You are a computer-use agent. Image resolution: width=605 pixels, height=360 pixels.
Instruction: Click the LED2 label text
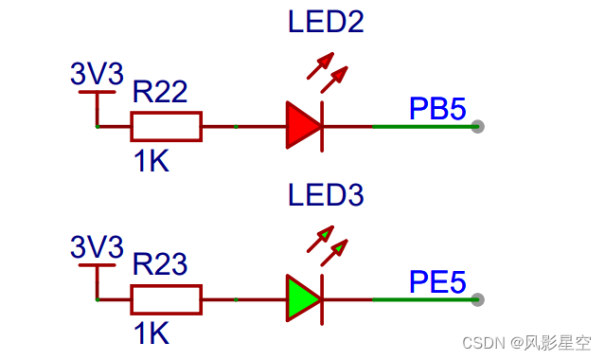click(x=326, y=23)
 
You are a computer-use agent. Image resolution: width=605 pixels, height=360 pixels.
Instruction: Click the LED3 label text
click(x=326, y=196)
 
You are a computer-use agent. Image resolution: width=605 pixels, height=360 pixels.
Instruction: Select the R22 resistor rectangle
click(x=166, y=126)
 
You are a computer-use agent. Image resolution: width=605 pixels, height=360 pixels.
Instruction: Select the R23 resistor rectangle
click(x=166, y=299)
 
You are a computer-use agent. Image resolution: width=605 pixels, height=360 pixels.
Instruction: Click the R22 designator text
click(x=160, y=92)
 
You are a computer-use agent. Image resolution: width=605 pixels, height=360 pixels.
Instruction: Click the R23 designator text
click(x=160, y=264)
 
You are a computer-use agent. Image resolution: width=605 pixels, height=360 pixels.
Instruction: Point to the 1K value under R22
click(x=151, y=162)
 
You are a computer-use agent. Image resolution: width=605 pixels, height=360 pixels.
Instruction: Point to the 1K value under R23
click(x=151, y=333)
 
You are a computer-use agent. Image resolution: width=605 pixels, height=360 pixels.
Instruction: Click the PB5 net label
click(x=437, y=109)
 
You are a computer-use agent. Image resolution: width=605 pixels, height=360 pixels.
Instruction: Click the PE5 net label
click(x=437, y=282)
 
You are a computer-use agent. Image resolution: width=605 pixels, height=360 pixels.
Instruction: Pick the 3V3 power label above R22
click(x=98, y=74)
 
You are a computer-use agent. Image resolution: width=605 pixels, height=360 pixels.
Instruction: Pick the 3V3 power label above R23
click(x=98, y=248)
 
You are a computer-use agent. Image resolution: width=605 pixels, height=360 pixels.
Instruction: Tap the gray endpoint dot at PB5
click(x=478, y=126)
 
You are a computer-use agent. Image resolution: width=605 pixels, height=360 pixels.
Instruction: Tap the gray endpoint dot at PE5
click(x=478, y=299)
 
